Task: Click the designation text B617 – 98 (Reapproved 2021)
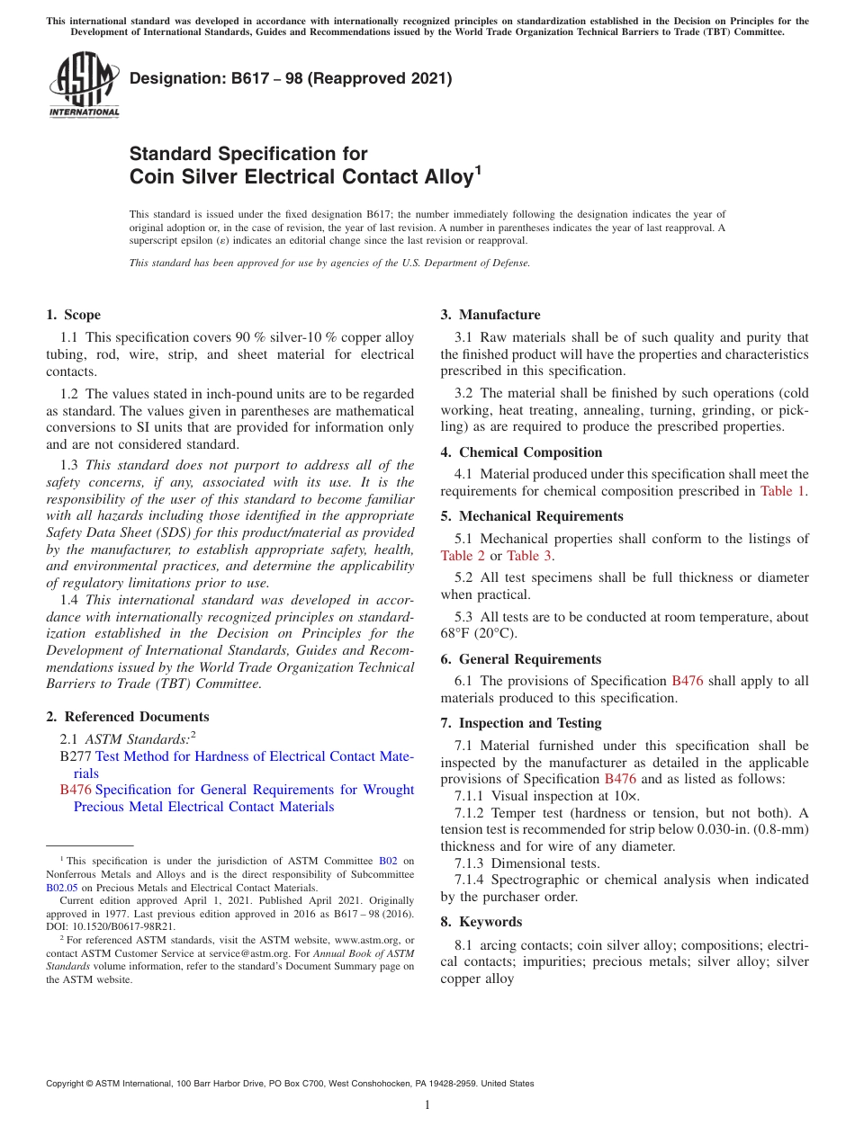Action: point(291,79)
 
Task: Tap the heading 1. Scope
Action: point(73,315)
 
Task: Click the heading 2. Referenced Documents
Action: point(127,717)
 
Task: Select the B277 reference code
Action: point(76,756)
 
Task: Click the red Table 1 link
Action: point(783,491)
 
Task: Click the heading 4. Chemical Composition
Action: point(521,452)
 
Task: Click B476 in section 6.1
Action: point(688,681)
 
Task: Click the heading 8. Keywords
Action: point(481,922)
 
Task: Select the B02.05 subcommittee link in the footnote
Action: point(61,887)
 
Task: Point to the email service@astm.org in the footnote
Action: point(269,952)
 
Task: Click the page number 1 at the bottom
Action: point(427,1104)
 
